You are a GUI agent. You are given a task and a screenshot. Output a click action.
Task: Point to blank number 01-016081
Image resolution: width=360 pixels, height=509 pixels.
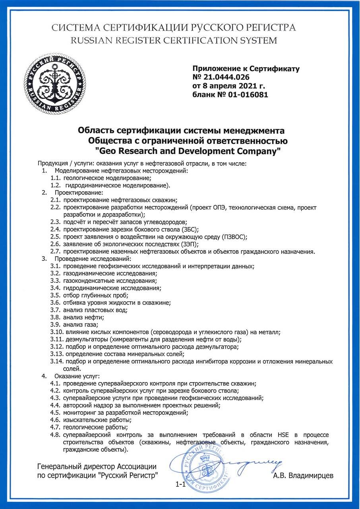click(x=246, y=95)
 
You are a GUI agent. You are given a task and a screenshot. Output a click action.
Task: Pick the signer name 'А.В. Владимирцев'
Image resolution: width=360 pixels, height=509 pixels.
click(x=303, y=476)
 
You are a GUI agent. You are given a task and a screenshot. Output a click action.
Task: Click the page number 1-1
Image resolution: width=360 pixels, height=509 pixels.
click(x=180, y=484)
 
